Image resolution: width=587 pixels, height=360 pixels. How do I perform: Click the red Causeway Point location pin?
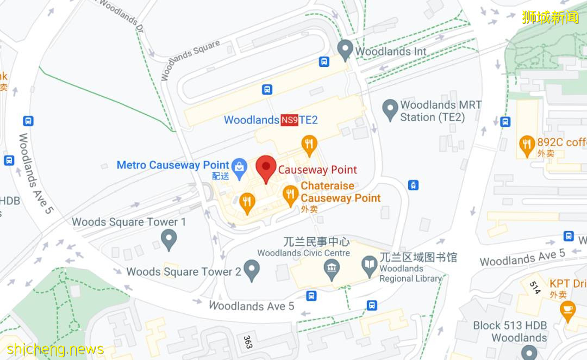click(266, 167)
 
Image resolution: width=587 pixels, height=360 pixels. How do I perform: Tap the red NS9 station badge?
click(289, 120)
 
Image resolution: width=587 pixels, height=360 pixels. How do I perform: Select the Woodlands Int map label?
click(390, 51)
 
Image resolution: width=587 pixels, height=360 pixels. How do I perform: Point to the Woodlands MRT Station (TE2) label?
click(440, 111)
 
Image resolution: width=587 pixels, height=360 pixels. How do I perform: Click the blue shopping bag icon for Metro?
click(238, 165)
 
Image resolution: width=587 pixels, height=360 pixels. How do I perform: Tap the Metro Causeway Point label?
click(173, 165)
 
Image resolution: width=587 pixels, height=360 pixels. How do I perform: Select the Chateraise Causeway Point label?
click(340, 192)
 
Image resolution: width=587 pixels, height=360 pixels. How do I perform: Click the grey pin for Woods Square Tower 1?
click(169, 239)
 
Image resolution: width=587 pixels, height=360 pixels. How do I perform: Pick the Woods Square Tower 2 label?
click(184, 271)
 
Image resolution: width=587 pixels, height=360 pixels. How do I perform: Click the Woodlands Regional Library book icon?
click(370, 265)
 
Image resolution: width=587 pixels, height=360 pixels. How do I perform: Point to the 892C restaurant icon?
click(527, 144)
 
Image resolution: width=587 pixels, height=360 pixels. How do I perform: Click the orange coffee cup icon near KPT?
click(567, 309)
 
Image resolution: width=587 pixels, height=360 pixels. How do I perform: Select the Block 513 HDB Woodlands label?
click(510, 331)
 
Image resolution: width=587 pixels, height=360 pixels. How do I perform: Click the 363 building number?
click(248, 342)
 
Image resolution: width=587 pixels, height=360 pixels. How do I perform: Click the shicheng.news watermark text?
click(55, 349)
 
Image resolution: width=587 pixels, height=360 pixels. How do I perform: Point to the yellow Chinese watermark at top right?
click(550, 17)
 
